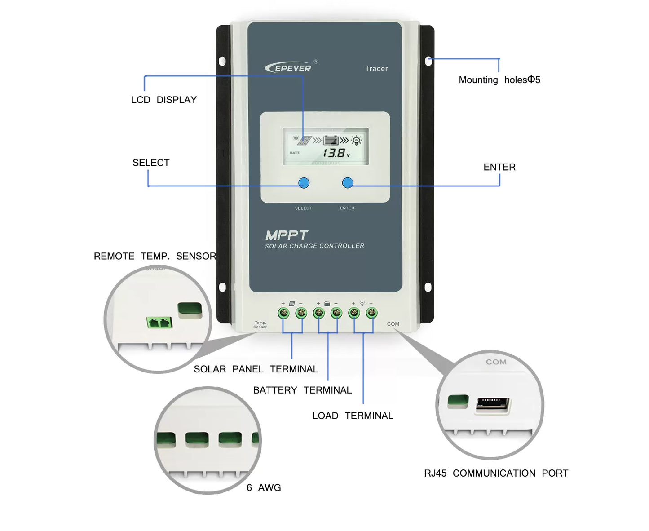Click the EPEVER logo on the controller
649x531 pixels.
tap(289, 68)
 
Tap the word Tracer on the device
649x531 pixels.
tap(376, 68)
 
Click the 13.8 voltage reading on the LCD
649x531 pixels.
tap(335, 153)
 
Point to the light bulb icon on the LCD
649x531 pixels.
tap(357, 140)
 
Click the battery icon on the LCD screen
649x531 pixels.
tap(331, 141)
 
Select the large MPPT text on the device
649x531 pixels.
tap(287, 235)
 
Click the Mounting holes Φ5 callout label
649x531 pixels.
tap(499, 80)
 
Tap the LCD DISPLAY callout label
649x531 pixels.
tap(164, 100)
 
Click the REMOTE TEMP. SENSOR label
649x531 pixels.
tap(155, 256)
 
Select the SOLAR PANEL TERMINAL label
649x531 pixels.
tap(256, 369)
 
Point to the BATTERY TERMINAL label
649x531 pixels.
tap(302, 390)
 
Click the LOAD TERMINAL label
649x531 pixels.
tap(353, 416)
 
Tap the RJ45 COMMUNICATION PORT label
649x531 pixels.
tap(496, 473)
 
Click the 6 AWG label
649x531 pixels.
tap(264, 487)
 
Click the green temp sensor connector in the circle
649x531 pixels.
tap(159, 322)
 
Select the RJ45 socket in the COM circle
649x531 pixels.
tap(493, 404)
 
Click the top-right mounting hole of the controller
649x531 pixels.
tap(428, 61)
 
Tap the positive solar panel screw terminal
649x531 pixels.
tap(283, 313)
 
